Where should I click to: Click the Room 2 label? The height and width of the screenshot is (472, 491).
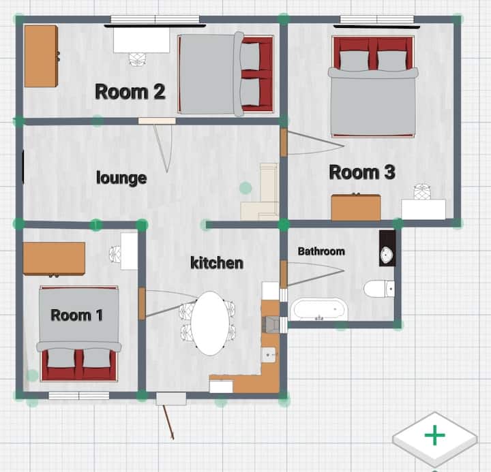coord(130,92)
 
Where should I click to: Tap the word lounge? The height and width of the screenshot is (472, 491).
coord(121,178)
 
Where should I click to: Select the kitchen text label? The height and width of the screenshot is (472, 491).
coord(217,263)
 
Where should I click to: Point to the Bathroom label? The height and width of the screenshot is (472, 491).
coord(321,251)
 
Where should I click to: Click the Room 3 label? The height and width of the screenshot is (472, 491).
coord(362,172)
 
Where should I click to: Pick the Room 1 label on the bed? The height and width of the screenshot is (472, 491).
coord(76,315)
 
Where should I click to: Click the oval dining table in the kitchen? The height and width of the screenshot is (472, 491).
coord(211,324)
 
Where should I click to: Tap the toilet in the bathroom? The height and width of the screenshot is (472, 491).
coord(379,288)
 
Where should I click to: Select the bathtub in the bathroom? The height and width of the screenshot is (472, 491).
coord(318,310)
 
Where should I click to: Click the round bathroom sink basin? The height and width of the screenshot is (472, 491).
coord(387,254)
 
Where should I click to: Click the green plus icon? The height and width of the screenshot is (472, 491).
coord(434,435)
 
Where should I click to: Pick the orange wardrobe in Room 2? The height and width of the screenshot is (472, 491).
coord(41,57)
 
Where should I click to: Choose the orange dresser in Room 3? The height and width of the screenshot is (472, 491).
coord(356,207)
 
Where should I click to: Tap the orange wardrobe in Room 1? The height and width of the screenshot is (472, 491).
coord(54,259)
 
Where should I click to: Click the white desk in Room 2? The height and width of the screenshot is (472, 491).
coord(142,40)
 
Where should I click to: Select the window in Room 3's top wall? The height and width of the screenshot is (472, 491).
coord(377,19)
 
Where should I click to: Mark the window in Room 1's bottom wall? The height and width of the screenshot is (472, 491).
coord(79,395)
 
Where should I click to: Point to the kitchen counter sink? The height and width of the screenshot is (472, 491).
coord(269,355)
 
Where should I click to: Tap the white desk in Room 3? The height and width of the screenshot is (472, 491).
coord(423,209)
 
